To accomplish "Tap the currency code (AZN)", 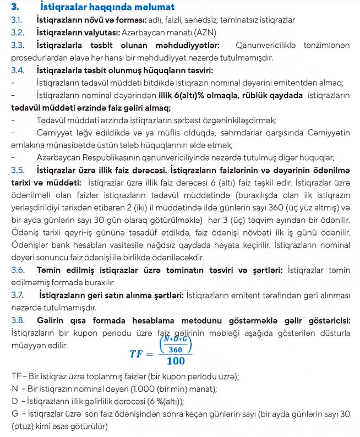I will [x=200, y=32].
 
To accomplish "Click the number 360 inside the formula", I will [x=176, y=350].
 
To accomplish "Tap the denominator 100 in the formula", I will [x=175, y=362].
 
